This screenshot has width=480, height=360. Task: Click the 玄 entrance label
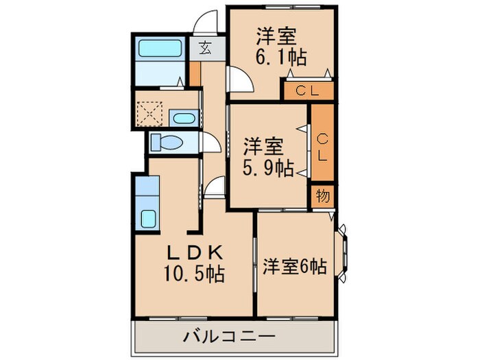pos(206,47)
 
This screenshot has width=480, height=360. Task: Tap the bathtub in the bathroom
pos(159,48)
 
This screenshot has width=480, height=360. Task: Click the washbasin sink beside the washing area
pos(183,119)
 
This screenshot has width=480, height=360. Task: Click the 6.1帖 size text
pos(282,57)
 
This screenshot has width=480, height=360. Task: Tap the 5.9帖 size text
pos(269,167)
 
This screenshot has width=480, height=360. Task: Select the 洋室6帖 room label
pos(293,266)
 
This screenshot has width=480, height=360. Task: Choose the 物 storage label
pos(323,195)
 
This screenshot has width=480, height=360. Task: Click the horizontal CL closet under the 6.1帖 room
pos(307,90)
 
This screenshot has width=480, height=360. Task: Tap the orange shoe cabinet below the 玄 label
pos(195,73)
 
